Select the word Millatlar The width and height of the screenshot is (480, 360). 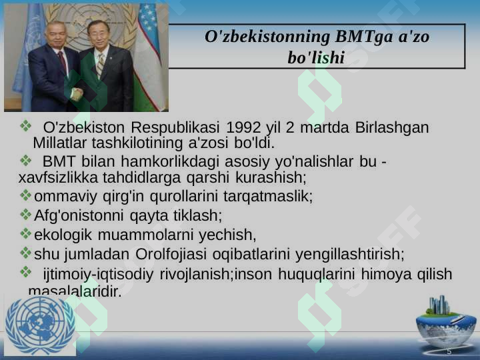[x=60, y=143]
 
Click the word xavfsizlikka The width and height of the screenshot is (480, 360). [x=55, y=178]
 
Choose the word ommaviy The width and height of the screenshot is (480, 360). [x=63, y=197]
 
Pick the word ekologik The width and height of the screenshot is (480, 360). [x=63, y=235]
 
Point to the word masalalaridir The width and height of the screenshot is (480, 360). [x=75, y=291]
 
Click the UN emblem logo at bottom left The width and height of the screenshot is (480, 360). [x=40, y=325]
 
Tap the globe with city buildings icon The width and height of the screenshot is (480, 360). [x=445, y=321]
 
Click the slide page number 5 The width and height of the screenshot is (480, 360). [x=449, y=351]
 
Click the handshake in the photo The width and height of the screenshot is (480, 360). [x=77, y=93]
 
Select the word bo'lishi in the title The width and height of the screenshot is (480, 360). [x=315, y=58]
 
